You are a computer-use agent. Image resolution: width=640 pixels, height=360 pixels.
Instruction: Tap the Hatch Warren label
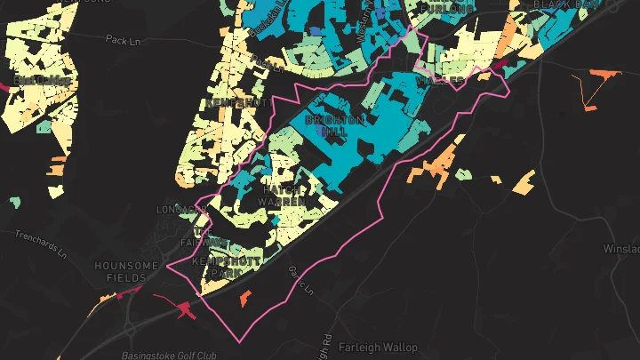[287, 196]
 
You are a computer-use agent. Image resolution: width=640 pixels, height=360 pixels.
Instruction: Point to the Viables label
[440, 81]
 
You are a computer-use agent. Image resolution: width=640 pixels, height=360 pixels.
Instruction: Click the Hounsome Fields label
[127, 272]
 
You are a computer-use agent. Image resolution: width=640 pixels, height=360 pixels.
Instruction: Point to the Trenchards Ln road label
[41, 243]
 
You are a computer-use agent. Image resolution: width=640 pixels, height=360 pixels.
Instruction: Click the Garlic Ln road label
[302, 280]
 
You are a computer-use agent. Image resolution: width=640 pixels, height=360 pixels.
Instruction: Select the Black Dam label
[562, 4]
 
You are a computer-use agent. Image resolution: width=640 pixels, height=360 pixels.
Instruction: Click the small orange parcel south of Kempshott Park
[245, 300]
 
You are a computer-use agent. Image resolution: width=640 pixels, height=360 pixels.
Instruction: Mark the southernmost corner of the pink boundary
[237, 341]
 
